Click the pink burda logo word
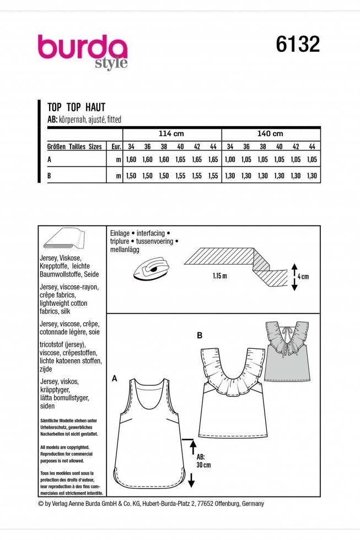82,48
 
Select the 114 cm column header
171,134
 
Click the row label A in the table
51,160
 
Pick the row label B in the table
51,176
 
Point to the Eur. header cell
115,147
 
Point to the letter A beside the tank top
115,378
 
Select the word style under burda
111,64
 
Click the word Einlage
120,233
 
